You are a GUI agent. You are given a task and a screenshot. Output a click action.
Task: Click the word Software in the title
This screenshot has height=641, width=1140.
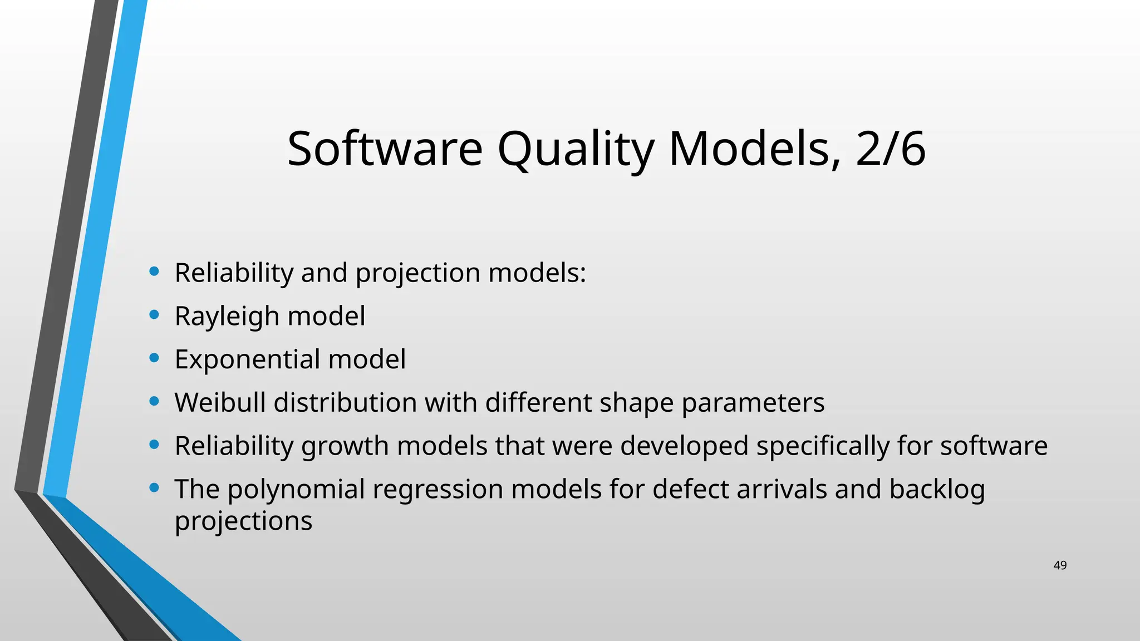(x=385, y=149)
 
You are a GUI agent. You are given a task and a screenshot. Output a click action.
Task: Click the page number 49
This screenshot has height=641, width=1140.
(x=1060, y=565)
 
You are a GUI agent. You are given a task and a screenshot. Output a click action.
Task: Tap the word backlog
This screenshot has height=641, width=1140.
(x=937, y=490)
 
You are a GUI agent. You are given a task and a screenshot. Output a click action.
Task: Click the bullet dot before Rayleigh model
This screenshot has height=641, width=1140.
(x=154, y=315)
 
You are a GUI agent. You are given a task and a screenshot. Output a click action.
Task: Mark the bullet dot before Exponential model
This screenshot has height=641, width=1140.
(x=154, y=358)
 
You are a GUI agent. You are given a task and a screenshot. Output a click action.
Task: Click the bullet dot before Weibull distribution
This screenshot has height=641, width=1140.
(x=154, y=401)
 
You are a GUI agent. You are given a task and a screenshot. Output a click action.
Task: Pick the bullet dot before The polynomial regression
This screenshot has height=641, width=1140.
(x=154, y=488)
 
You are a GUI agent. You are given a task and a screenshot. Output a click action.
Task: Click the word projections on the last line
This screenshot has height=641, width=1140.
(x=243, y=521)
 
